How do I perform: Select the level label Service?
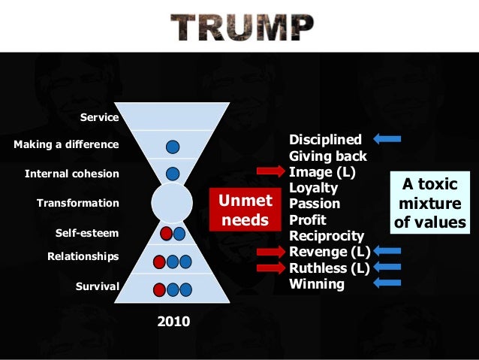[99, 117]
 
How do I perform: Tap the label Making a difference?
[66, 144]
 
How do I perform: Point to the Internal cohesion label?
[71, 174]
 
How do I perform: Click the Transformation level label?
[77, 203]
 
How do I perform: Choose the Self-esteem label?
[86, 233]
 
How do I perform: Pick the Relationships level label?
[83, 256]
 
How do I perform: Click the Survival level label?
[97, 286]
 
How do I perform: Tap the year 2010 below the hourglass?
[173, 322]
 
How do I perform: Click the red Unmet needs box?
[243, 211]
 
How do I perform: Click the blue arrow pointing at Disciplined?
[387, 138]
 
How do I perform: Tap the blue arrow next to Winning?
[387, 283]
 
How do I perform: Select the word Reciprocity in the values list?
[327, 236]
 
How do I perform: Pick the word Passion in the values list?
[315, 204]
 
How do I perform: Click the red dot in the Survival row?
[159, 289]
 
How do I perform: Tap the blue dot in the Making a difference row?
[173, 146]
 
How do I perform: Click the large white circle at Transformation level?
[172, 203]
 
